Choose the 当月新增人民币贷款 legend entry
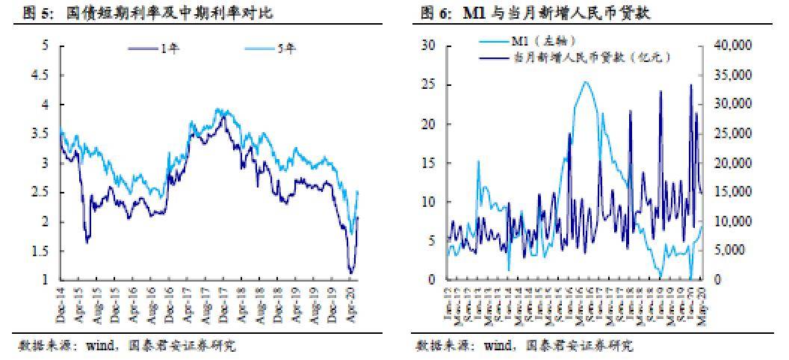(590, 56)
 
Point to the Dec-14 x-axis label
(61, 306)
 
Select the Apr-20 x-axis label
(354, 306)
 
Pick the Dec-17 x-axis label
(222, 306)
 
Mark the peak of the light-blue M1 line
(586, 82)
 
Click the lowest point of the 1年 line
(350, 273)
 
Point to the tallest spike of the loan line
(690, 85)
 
